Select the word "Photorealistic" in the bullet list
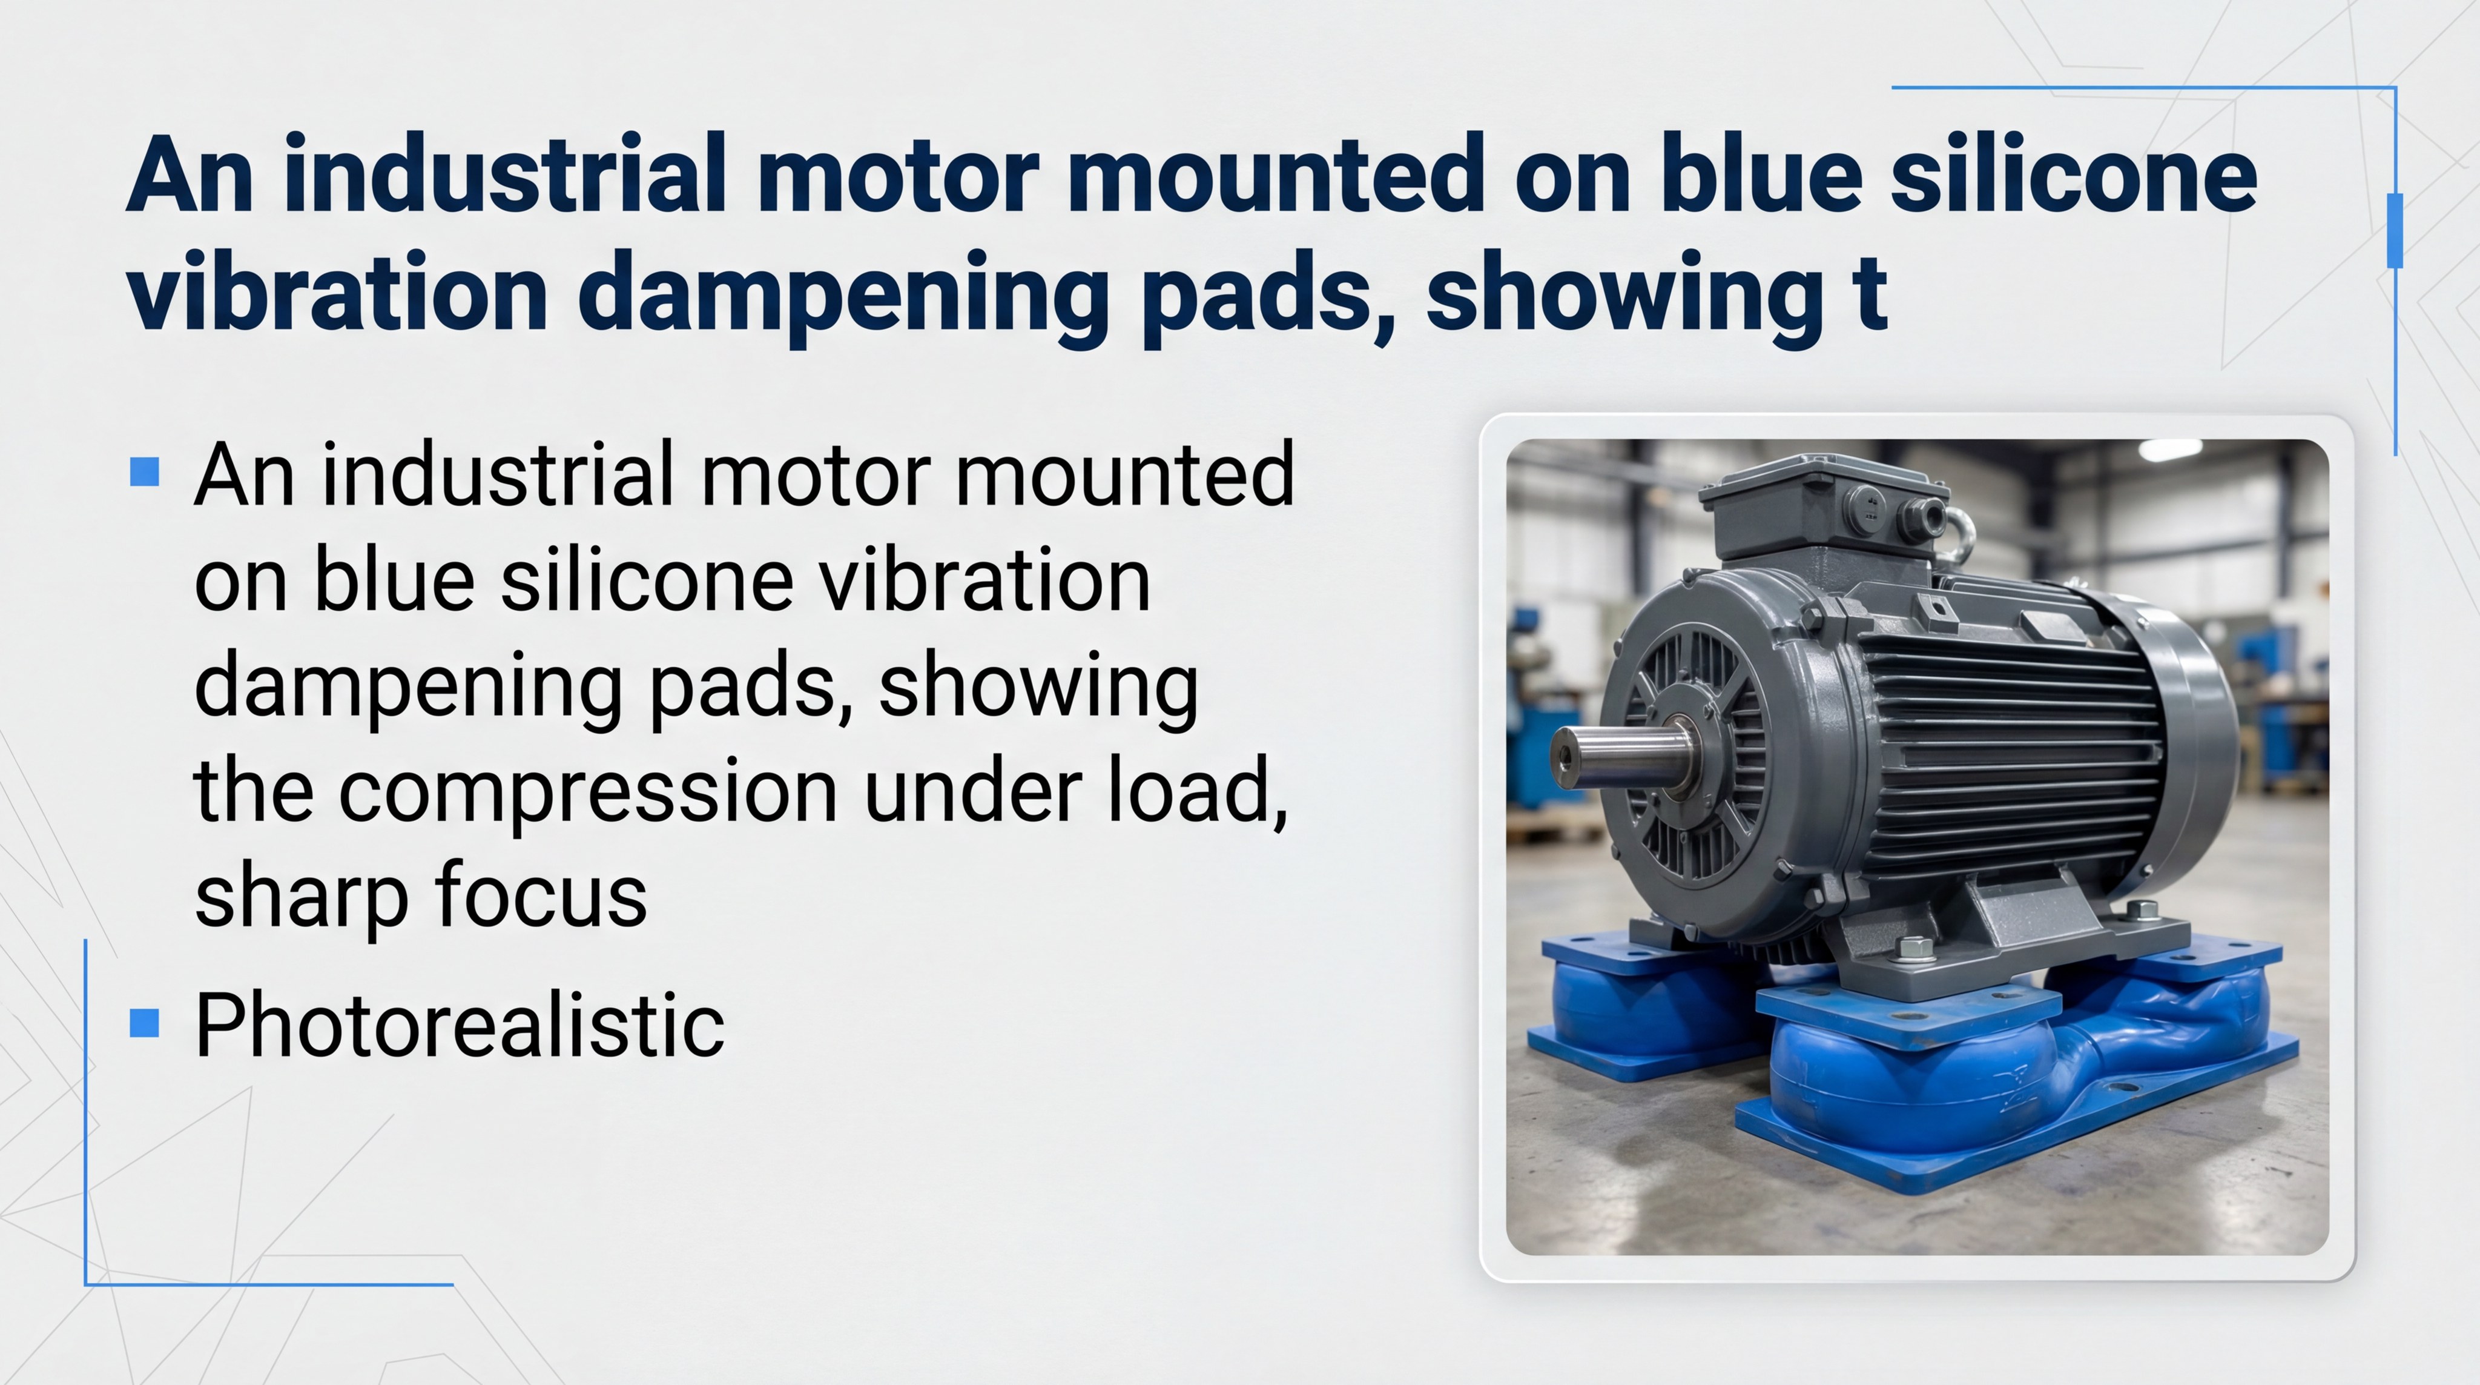coord(459,1025)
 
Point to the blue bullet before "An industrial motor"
coord(145,472)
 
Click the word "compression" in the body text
coord(587,792)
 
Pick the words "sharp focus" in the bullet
coord(421,895)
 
